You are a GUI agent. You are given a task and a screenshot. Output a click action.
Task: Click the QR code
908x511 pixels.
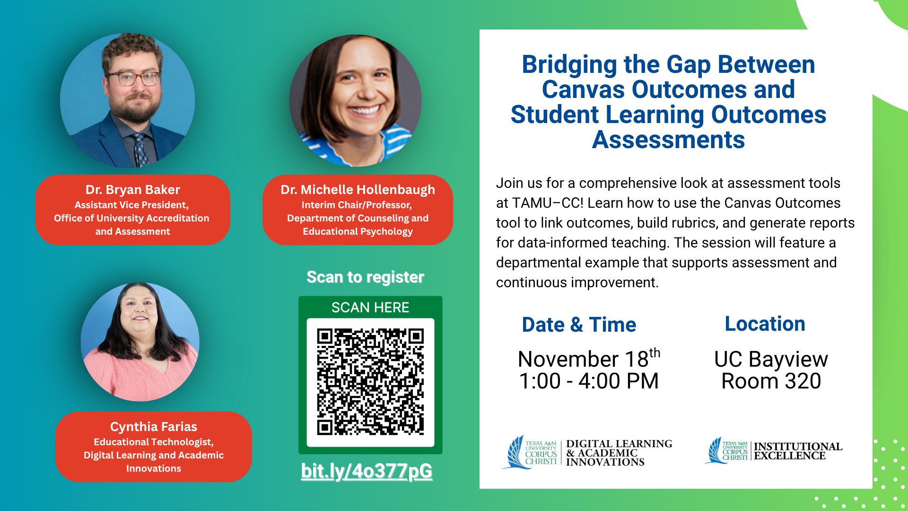(x=370, y=382)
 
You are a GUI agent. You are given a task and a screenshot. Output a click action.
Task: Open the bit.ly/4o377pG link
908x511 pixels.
(x=367, y=471)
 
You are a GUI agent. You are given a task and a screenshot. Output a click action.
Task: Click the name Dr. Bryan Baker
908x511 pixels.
(x=133, y=190)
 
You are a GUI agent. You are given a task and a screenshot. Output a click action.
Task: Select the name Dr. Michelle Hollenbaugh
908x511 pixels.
(x=358, y=190)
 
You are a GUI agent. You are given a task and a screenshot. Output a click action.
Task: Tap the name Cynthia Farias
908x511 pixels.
(x=154, y=427)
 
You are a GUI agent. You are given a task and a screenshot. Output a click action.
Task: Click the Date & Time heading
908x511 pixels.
(x=579, y=325)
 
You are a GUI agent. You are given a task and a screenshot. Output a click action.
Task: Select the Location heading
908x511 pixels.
(x=765, y=324)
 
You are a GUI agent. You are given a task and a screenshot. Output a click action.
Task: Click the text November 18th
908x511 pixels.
(x=589, y=358)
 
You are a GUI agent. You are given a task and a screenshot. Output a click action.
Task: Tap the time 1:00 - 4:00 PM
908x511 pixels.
(x=589, y=381)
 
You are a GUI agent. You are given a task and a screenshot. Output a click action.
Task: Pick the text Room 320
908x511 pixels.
(x=771, y=381)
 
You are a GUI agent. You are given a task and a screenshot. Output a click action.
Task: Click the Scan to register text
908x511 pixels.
(x=365, y=277)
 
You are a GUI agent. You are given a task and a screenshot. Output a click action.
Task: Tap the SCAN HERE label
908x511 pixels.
(x=370, y=308)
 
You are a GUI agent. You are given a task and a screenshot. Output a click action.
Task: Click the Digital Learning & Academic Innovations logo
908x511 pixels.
(x=587, y=453)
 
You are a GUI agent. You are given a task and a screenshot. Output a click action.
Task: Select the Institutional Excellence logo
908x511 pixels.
(x=773, y=451)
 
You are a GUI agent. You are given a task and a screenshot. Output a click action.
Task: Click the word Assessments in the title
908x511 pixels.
(x=668, y=140)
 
